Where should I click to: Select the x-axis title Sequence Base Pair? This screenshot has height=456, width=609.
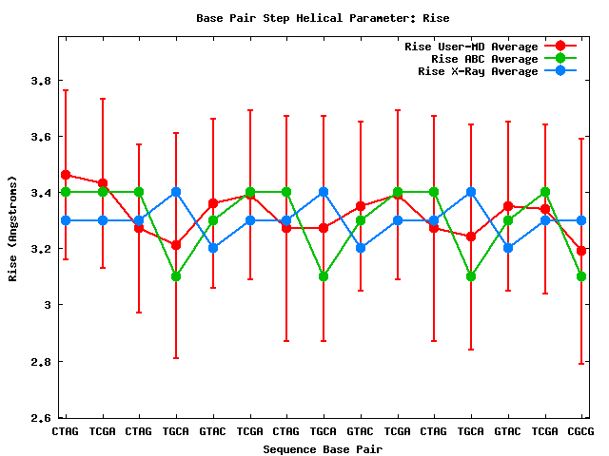[323, 448]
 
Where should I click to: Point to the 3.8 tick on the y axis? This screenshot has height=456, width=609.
[40, 81]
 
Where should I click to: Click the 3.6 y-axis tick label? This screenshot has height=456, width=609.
[40, 137]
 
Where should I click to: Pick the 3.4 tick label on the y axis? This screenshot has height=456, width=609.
[40, 193]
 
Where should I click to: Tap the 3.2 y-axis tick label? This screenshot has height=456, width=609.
[40, 249]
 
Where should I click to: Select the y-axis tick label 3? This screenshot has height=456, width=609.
[47, 305]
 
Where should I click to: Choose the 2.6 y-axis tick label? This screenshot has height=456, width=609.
[40, 417]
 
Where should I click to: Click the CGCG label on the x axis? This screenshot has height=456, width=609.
[581, 431]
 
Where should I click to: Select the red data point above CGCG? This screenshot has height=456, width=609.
[581, 251]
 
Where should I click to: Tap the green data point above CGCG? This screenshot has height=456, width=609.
[581, 276]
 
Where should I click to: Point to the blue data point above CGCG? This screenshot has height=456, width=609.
[581, 220]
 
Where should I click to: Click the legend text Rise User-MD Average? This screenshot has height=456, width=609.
[471, 47]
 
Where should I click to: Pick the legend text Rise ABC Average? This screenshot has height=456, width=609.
[484, 59]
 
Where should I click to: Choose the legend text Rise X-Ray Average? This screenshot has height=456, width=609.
[478, 71]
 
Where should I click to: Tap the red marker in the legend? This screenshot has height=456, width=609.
[560, 47]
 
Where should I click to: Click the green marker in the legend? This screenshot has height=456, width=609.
[560, 59]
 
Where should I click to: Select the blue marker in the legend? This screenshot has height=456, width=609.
[560, 71]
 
